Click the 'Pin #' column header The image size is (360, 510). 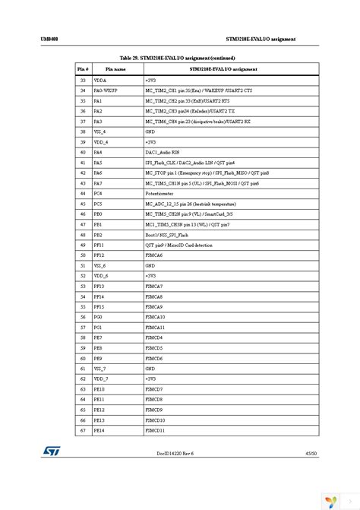click(x=84, y=68)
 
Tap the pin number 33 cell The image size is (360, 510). click(x=84, y=79)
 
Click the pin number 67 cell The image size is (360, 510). click(x=84, y=430)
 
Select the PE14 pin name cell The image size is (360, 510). click(x=99, y=430)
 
